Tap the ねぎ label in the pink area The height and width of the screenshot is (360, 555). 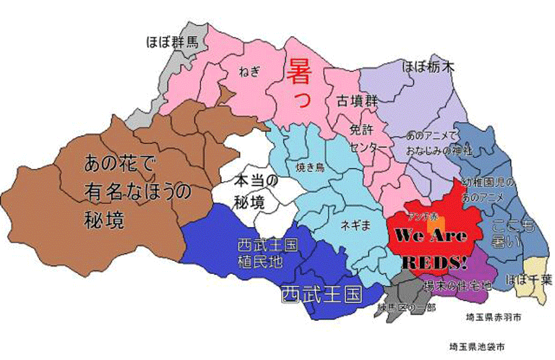coord(247,71)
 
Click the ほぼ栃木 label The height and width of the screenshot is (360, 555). coord(429,67)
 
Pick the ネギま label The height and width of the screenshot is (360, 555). coord(355,224)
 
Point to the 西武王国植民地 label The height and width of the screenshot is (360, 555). coord(267,253)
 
